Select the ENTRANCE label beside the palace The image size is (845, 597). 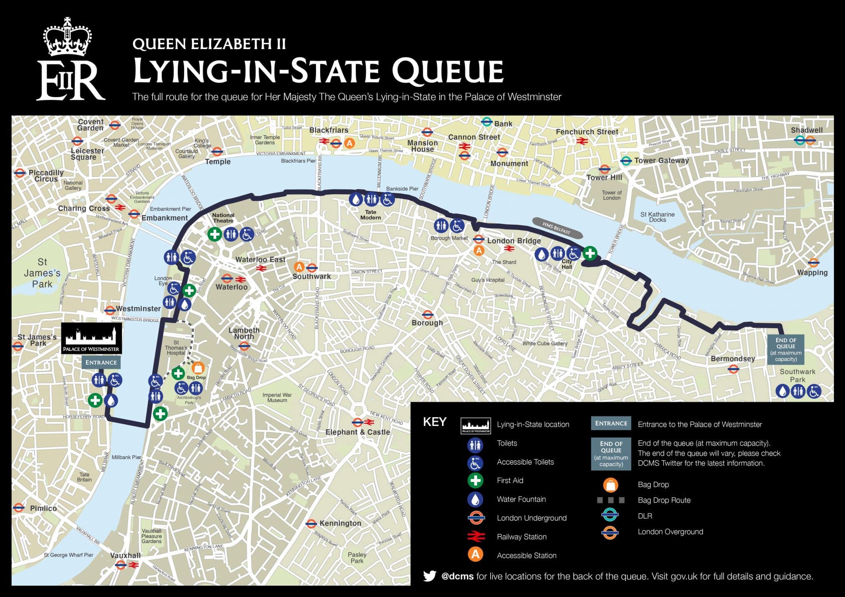101,362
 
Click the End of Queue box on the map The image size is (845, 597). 786,349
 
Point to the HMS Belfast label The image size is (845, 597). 557,228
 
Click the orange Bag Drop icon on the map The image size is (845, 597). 198,368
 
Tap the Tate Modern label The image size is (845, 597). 371,215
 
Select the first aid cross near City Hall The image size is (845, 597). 590,253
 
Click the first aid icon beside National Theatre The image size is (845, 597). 215,234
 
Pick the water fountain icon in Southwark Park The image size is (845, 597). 782,391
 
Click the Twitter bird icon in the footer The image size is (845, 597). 430,576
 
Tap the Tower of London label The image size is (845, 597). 611,195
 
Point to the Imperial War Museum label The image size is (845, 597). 277,397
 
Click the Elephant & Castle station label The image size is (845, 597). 357,432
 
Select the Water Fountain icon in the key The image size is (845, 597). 475,499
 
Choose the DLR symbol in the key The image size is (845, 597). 610,515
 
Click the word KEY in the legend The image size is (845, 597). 434,422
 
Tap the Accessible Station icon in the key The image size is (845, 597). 475,555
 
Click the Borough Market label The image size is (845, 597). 449,238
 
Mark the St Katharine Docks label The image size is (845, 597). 657,217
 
